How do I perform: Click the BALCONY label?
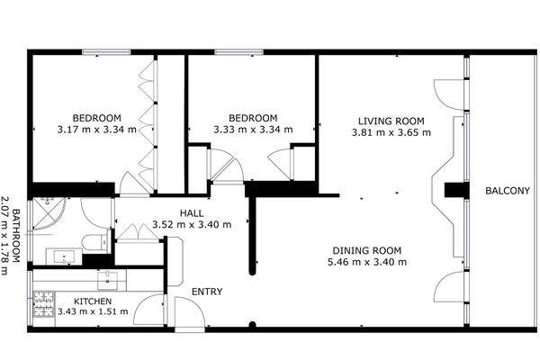pyautogui.click(x=507, y=191)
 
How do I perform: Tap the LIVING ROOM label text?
pyautogui.click(x=391, y=121)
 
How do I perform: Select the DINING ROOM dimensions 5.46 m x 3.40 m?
pyautogui.click(x=367, y=262)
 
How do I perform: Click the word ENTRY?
pyautogui.click(x=207, y=292)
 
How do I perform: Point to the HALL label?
pyautogui.click(x=192, y=213)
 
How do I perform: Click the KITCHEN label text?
pyautogui.click(x=93, y=301)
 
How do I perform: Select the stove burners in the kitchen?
pyautogui.click(x=44, y=304)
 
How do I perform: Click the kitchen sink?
pyautogui.click(x=107, y=281)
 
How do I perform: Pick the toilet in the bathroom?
pyautogui.click(x=97, y=241)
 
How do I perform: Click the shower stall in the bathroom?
pyautogui.click(x=49, y=213)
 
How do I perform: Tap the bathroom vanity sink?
pyautogui.click(x=64, y=256)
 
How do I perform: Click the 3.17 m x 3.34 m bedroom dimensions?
pyautogui.click(x=97, y=130)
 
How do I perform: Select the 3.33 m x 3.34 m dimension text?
pyautogui.click(x=253, y=130)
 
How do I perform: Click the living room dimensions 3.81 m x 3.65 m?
pyautogui.click(x=391, y=132)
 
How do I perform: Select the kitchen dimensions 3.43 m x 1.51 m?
pyautogui.click(x=93, y=311)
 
